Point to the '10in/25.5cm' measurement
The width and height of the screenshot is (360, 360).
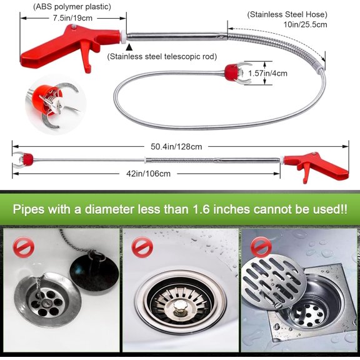pos(304,24)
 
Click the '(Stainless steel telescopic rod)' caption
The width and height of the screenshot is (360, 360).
pos(162,56)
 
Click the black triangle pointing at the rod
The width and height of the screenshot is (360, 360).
pos(129,46)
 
